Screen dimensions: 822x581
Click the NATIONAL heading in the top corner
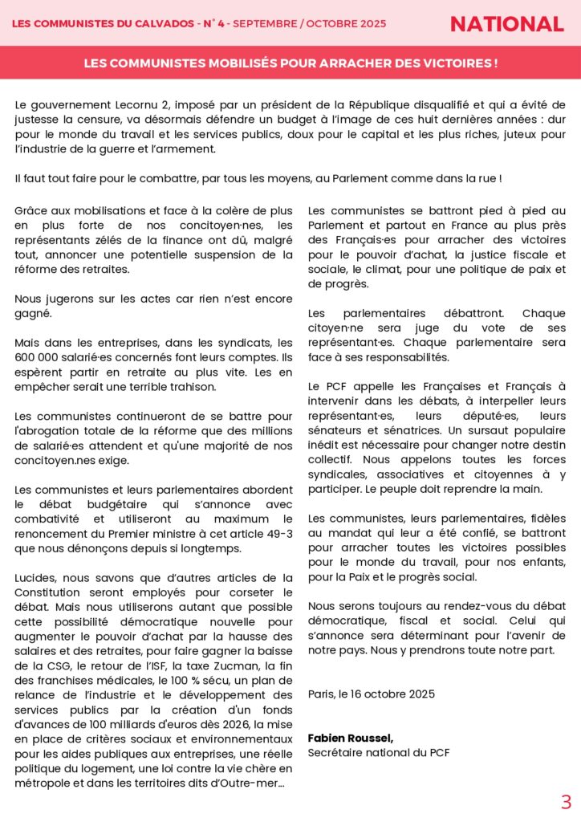506,24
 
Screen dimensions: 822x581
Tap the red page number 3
566,802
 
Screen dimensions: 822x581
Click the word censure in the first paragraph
91,120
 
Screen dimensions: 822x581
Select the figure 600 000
39,357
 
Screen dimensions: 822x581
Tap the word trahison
190,386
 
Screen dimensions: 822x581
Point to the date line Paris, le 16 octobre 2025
372,694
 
